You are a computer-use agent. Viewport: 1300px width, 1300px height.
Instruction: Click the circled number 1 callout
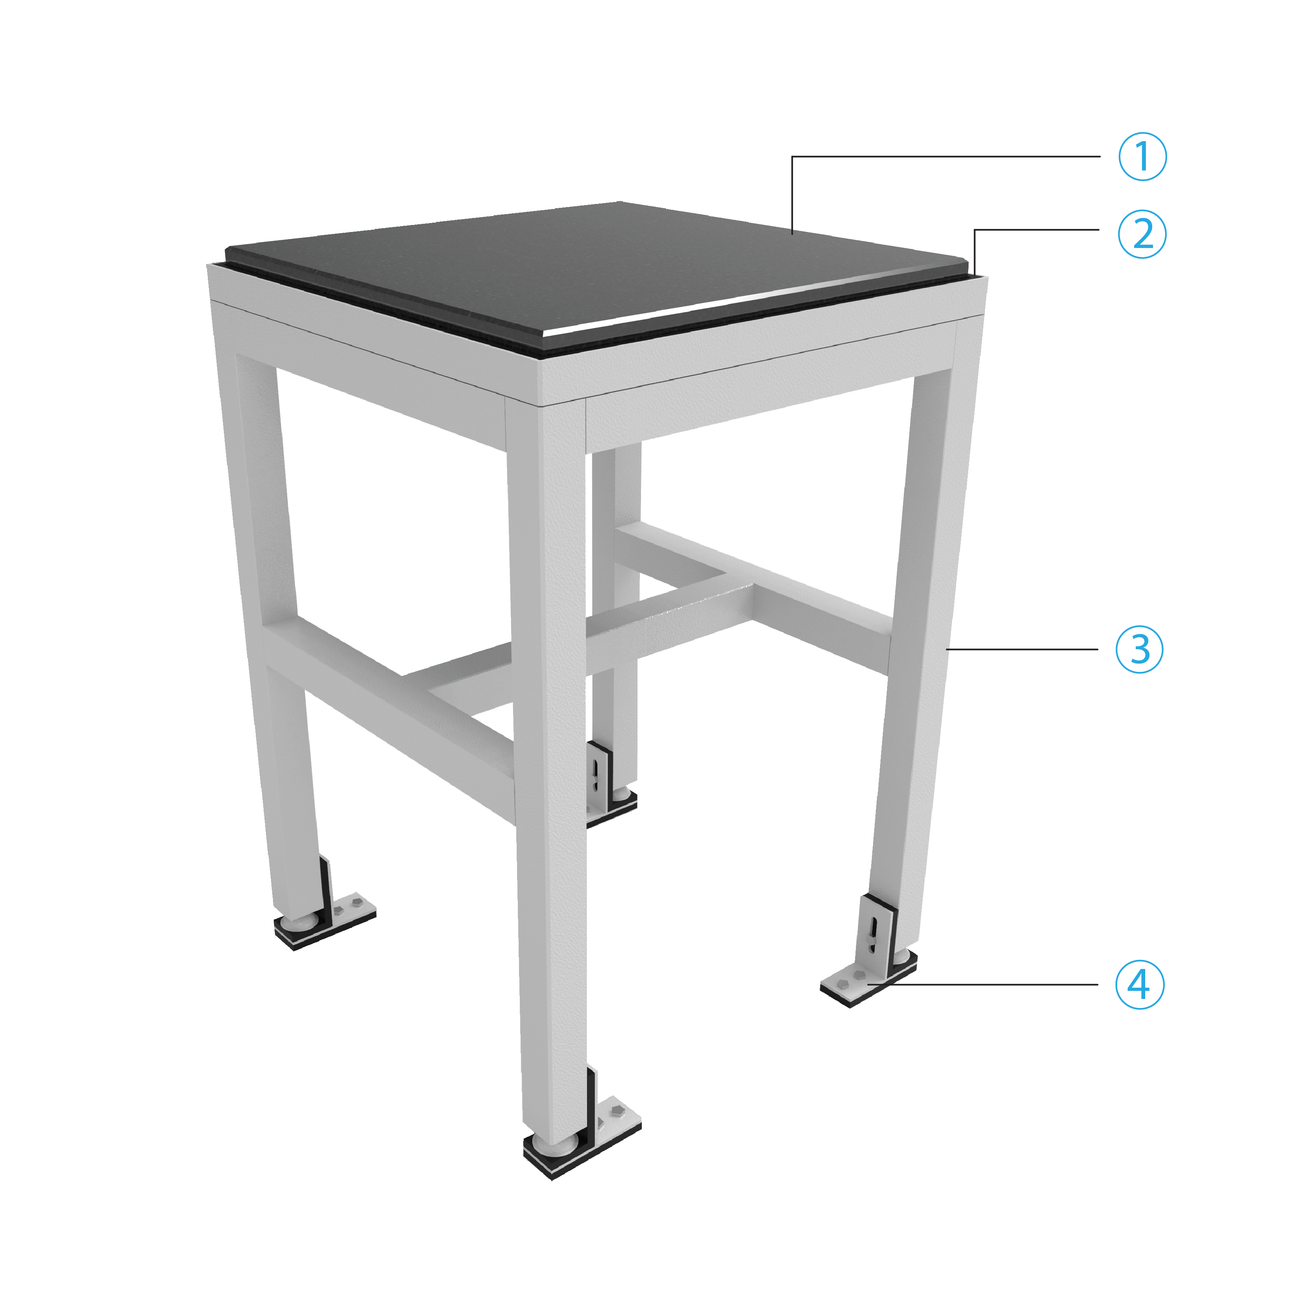pyautogui.click(x=1142, y=157)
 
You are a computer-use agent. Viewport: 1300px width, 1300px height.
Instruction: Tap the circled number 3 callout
pyautogui.click(x=1139, y=649)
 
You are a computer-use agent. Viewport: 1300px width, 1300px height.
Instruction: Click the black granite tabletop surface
pyautogui.click(x=592, y=269)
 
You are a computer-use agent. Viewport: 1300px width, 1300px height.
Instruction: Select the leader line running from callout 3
pyautogui.click(x=1023, y=649)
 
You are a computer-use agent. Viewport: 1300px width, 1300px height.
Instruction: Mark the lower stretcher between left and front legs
pyautogui.click(x=397, y=700)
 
